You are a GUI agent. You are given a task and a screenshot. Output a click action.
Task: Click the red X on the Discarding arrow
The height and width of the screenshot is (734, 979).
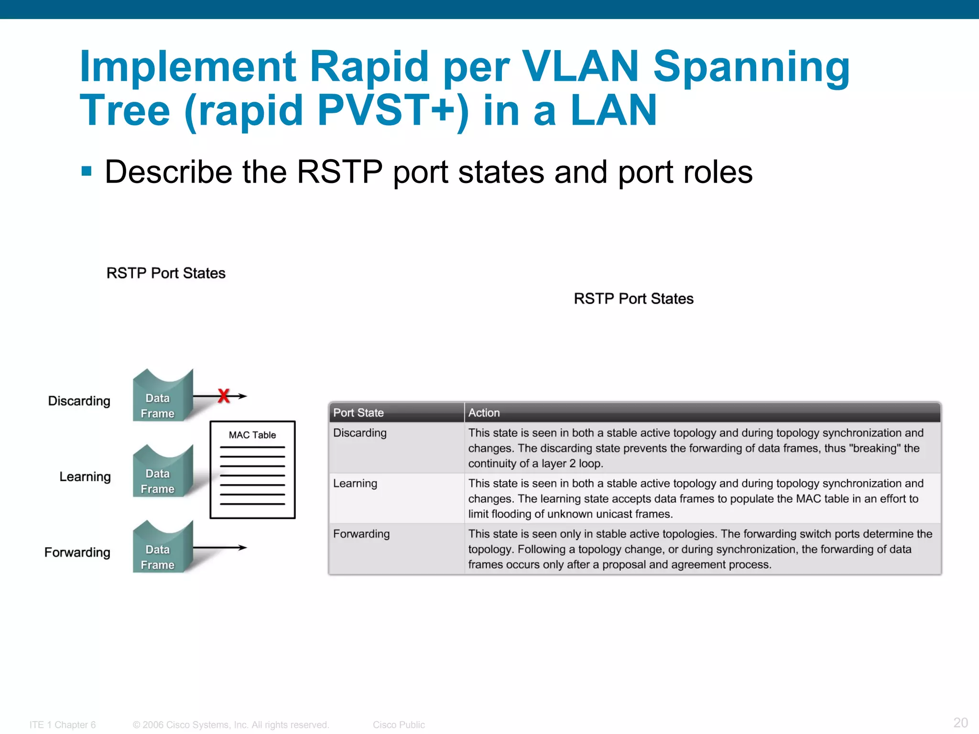pos(224,396)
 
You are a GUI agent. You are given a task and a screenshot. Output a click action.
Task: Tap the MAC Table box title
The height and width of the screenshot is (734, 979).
pos(252,435)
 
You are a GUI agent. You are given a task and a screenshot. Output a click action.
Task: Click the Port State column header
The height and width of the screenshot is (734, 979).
pos(359,412)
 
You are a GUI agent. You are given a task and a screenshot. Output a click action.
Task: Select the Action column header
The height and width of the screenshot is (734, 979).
pos(484,412)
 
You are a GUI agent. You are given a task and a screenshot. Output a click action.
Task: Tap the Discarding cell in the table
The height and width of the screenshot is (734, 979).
pos(360,433)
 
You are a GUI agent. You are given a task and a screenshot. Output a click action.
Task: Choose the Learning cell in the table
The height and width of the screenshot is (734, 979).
pos(355,484)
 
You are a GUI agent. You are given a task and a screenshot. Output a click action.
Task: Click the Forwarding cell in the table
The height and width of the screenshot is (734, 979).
pos(361,534)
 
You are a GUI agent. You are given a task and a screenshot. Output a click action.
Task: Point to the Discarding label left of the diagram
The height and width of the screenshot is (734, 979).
pos(79,401)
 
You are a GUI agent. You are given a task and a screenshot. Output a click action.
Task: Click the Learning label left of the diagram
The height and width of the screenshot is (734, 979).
pos(85,477)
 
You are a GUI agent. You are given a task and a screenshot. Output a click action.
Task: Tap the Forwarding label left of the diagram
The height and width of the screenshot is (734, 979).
pos(77,552)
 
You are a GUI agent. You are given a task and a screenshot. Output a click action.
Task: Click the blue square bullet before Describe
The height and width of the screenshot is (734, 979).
pos(87,171)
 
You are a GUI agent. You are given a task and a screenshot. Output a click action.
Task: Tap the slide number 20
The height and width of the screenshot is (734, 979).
pos(960,722)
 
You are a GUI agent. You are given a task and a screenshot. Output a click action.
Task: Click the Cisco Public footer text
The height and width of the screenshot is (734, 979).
pos(399,724)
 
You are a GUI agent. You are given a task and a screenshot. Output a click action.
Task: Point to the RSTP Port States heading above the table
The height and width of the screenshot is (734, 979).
pos(633,299)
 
